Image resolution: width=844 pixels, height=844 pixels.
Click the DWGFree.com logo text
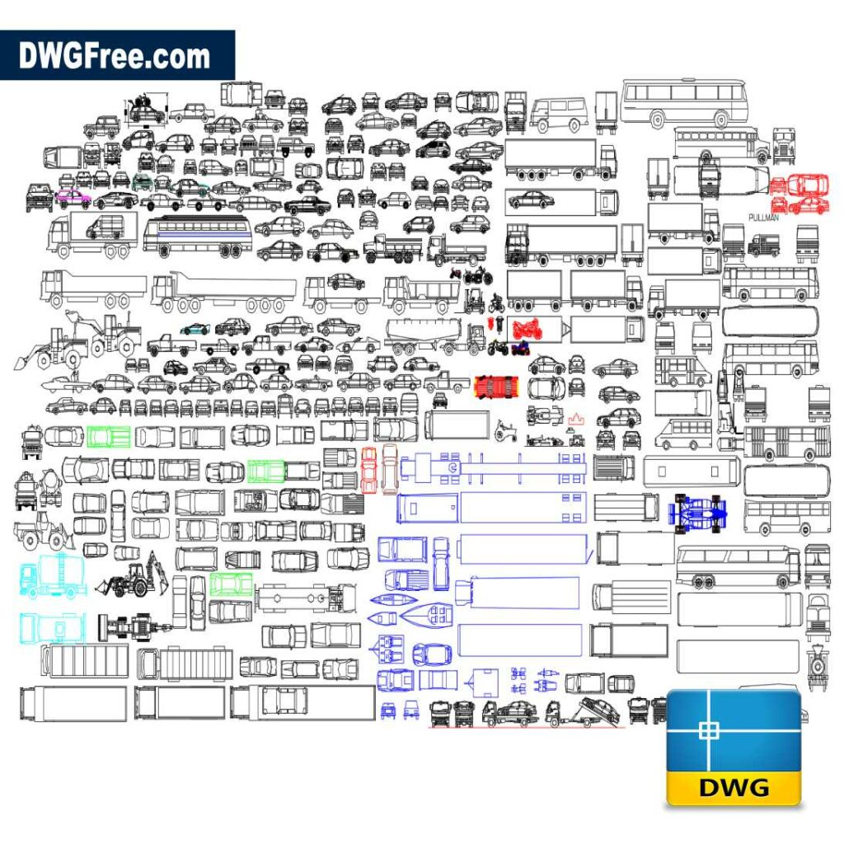[x=114, y=56]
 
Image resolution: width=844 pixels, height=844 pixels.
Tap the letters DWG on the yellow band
[x=734, y=787]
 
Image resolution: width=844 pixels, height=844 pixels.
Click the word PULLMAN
[x=763, y=218]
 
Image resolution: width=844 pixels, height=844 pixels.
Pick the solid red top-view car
[x=496, y=387]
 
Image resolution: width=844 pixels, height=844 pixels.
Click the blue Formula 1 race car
[x=697, y=513]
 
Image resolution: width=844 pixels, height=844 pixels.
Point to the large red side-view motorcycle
[x=527, y=328]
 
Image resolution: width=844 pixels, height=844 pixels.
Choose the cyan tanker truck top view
[x=52, y=627]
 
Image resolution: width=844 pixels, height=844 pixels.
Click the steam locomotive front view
[x=817, y=668]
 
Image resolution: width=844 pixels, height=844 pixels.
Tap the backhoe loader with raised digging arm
[x=133, y=574]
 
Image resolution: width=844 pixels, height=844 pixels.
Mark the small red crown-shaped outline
[x=576, y=419]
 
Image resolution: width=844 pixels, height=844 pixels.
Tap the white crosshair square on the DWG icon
[x=709, y=730]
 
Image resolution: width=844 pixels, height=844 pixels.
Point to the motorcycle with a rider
[x=497, y=303]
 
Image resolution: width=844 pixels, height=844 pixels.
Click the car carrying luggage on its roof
[x=146, y=110]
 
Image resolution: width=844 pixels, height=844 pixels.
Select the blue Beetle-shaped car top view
[x=432, y=654]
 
